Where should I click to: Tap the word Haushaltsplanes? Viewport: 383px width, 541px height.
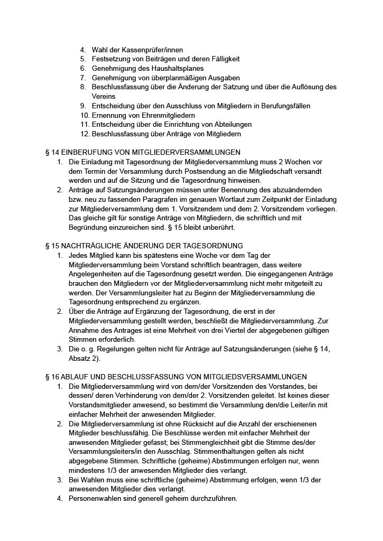point(178,68)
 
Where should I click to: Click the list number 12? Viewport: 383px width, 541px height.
point(85,134)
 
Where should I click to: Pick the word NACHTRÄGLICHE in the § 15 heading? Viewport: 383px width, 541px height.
point(94,246)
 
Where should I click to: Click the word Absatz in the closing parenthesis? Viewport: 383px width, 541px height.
point(80,358)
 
